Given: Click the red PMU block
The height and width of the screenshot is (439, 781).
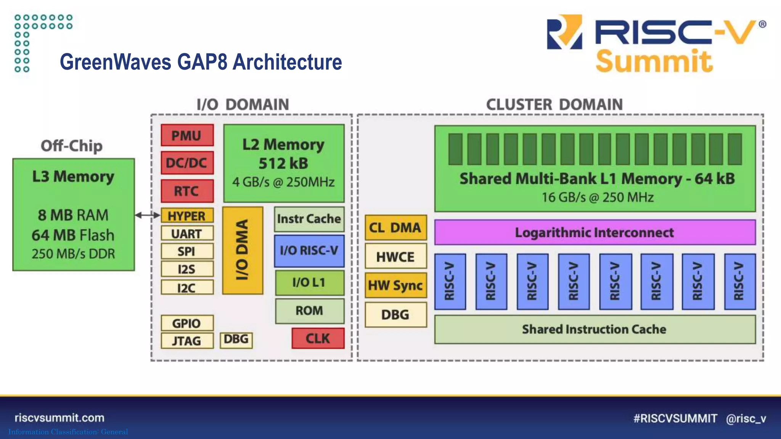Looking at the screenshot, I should click(x=187, y=135).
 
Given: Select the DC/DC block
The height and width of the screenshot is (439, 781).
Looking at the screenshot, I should click(x=187, y=163).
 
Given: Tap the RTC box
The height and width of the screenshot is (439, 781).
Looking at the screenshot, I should click(x=187, y=191).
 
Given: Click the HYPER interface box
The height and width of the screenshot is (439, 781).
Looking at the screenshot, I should click(x=187, y=216).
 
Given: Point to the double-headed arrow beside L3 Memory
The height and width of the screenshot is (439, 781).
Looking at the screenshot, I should click(x=148, y=215).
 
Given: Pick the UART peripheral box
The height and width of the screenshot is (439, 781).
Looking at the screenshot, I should click(x=187, y=233).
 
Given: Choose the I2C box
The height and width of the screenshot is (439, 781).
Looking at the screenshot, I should click(x=187, y=288).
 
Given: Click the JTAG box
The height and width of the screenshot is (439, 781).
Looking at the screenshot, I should click(x=187, y=340).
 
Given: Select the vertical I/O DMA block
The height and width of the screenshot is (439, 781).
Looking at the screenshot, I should click(x=243, y=250).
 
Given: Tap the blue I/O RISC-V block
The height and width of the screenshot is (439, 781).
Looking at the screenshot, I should click(x=309, y=250).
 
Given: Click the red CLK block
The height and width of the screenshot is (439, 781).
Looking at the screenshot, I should click(x=318, y=338).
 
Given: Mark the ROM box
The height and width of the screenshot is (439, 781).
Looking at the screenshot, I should click(x=309, y=311).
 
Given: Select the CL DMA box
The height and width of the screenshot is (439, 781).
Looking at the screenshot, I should click(x=395, y=228).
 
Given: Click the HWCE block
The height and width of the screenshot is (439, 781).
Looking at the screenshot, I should click(x=395, y=256).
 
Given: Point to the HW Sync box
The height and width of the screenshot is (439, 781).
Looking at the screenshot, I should click(x=395, y=285).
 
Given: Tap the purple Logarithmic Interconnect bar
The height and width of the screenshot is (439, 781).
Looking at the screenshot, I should click(x=595, y=232).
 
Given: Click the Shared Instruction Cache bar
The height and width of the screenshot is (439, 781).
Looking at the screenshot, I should click(x=595, y=329).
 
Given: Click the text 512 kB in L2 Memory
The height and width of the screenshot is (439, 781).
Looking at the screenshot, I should click(x=283, y=163).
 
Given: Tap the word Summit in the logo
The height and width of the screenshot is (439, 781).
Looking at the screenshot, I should click(x=654, y=61).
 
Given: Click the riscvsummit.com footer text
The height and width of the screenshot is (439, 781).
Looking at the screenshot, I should click(x=59, y=418).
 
